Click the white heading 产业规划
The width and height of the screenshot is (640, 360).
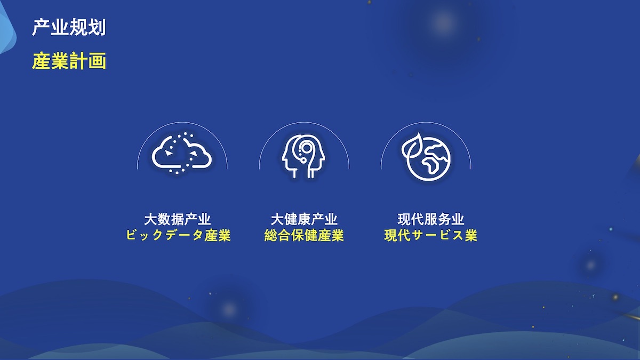click(x=69, y=27)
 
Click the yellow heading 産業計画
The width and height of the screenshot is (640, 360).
click(x=69, y=61)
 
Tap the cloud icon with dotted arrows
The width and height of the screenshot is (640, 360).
click(x=182, y=153)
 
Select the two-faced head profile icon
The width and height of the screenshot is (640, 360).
click(x=303, y=156)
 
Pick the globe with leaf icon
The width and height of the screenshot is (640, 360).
click(x=426, y=157)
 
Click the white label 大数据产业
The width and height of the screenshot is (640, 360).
click(x=178, y=219)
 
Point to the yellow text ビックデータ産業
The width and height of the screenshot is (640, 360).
click(x=178, y=235)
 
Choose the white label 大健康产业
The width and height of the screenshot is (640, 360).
click(x=304, y=219)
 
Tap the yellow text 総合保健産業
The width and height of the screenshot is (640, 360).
click(x=304, y=235)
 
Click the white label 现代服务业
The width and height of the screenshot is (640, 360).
click(x=431, y=219)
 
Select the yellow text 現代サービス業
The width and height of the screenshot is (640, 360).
click(x=431, y=235)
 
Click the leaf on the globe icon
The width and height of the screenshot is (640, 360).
click(x=411, y=146)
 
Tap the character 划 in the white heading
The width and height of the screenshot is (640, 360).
click(x=97, y=27)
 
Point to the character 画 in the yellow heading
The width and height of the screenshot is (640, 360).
click(x=97, y=61)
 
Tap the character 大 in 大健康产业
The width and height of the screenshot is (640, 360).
click(x=277, y=219)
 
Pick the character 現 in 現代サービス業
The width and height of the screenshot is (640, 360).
click(x=391, y=235)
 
